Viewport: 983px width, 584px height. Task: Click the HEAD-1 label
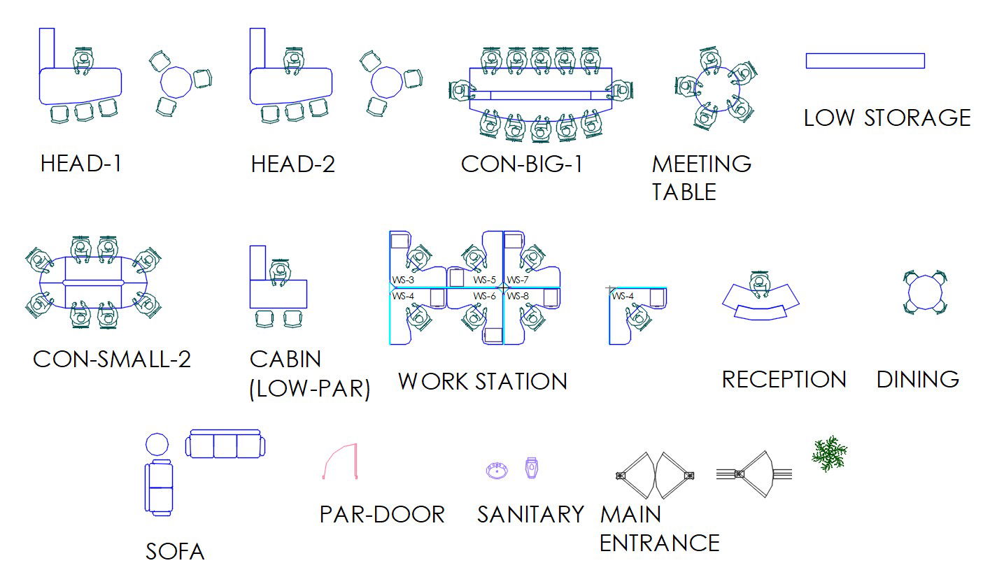[x=81, y=164]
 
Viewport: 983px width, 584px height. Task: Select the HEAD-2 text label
[x=292, y=164]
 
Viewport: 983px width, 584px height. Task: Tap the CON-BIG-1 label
[x=521, y=164]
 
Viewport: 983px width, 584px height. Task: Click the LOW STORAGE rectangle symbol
[x=865, y=61]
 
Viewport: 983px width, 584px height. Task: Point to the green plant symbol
[x=830, y=454]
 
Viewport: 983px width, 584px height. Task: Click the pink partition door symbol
[x=341, y=462]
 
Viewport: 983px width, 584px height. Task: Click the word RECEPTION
[x=784, y=380]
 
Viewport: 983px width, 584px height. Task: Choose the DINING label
[x=917, y=380]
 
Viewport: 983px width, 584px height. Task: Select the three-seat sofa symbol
[x=226, y=445]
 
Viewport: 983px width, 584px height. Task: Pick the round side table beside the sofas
[x=157, y=445]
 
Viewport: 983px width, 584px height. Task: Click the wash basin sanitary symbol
[x=497, y=469]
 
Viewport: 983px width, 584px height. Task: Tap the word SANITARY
[x=530, y=515]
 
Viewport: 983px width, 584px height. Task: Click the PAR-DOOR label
[x=382, y=515]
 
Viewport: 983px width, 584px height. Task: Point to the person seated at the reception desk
[x=760, y=283]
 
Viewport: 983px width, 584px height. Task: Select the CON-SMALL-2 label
[x=112, y=359]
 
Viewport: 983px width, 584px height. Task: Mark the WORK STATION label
[x=482, y=382]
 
